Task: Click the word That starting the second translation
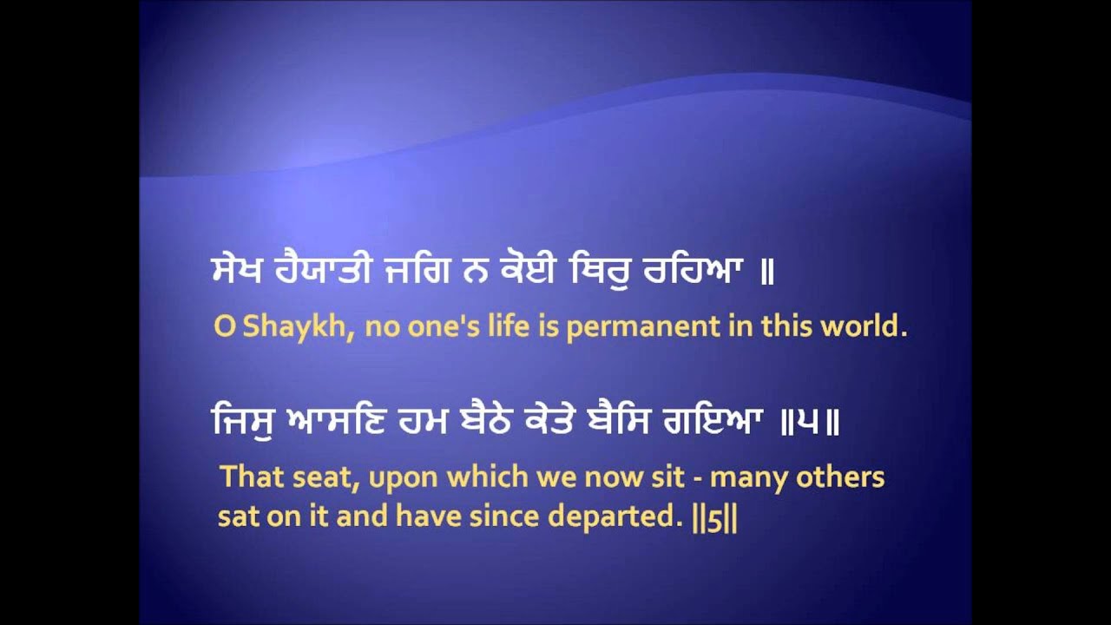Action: click(x=249, y=477)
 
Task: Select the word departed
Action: click(x=611, y=517)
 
